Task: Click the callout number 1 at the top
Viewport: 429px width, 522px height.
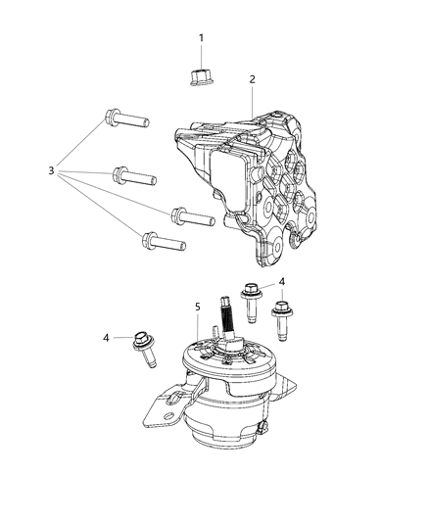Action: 202,38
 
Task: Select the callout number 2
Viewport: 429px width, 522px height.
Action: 252,79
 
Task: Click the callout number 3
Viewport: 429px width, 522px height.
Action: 52,171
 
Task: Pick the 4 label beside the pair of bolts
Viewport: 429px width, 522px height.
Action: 282,282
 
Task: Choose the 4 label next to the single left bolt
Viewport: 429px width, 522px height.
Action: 107,339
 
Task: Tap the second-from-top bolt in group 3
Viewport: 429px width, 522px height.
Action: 134,177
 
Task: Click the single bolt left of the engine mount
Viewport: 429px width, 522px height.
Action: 144,349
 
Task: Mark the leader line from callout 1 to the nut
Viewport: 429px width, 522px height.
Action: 202,54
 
